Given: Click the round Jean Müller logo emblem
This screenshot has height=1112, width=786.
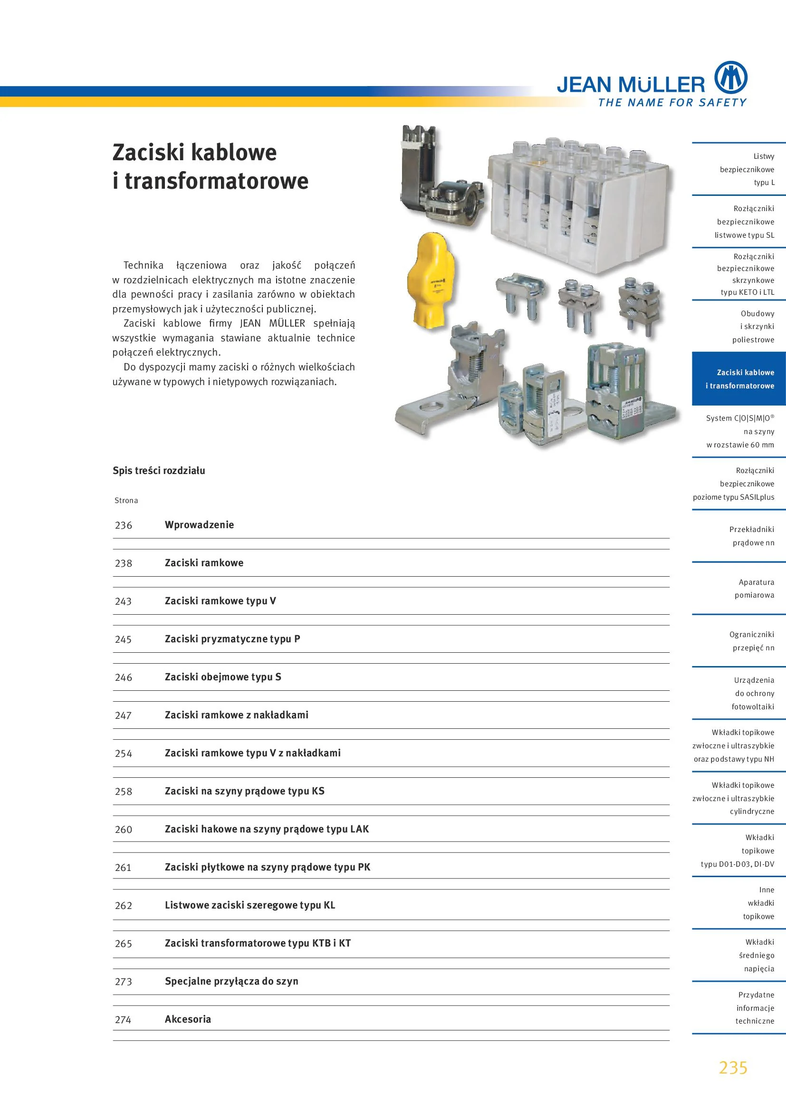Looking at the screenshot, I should tap(731, 77).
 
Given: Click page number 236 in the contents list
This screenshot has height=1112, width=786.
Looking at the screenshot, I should tap(124, 525).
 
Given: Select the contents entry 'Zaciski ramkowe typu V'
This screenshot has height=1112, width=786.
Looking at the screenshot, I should tap(220, 601).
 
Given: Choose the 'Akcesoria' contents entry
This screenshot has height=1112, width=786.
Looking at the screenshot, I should tap(188, 1019).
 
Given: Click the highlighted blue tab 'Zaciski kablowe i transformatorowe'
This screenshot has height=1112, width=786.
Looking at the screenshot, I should tap(738, 379).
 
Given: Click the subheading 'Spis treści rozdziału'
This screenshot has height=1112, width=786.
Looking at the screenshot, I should tap(159, 471).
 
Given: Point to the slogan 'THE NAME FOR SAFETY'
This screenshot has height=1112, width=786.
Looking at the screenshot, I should tap(672, 103).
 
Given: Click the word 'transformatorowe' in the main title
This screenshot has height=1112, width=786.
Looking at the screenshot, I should tap(216, 181).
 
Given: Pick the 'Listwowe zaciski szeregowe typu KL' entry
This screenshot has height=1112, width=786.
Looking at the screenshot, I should tap(250, 905).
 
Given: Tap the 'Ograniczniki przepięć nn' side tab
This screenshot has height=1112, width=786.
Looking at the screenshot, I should tap(753, 641).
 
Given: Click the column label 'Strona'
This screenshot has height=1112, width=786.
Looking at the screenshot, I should tap(126, 501).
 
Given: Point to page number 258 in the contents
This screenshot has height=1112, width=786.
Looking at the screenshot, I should tap(124, 792).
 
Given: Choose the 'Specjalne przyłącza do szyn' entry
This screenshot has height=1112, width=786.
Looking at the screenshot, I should tap(231, 981).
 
